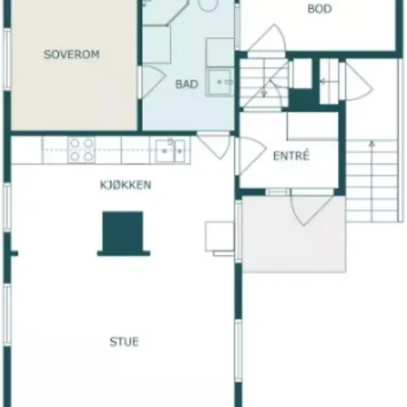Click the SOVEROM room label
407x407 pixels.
(x=71, y=54)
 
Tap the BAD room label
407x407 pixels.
(x=186, y=84)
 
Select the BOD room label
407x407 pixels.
(x=319, y=9)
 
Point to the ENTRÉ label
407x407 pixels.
(x=291, y=156)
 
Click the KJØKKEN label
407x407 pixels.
(x=126, y=185)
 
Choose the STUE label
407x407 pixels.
(x=124, y=342)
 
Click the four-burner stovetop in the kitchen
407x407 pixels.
(x=81, y=149)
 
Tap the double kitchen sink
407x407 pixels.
(x=170, y=150)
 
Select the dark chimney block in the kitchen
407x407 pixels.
(x=123, y=233)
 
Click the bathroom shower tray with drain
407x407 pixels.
(x=220, y=82)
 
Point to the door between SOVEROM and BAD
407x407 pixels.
(x=152, y=82)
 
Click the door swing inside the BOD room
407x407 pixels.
(x=267, y=39)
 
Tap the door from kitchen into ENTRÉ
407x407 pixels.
(x=251, y=156)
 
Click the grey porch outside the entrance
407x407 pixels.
(x=294, y=234)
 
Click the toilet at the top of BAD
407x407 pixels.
(x=208, y=5)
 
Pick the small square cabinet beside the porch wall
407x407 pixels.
(x=220, y=237)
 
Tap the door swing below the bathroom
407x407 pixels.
(x=214, y=146)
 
